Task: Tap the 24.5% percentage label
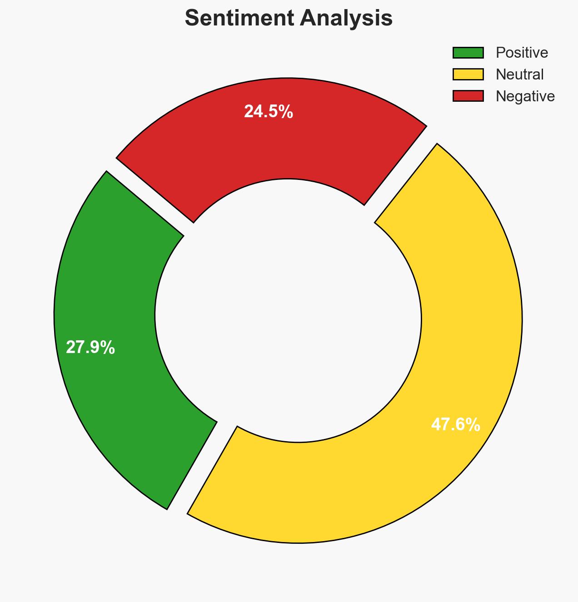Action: [x=268, y=112]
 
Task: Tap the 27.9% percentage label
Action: [x=90, y=348]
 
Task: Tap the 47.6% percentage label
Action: [x=455, y=425]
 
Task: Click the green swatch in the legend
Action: [x=468, y=53]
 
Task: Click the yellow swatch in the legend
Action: [x=468, y=74]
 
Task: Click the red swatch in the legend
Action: [x=468, y=96]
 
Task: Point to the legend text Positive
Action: [x=522, y=53]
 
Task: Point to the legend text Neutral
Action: [x=519, y=74]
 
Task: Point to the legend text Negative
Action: [x=525, y=96]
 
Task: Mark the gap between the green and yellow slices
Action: [x=202, y=468]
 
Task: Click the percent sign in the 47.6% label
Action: [x=473, y=425]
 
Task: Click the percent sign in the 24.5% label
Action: [x=286, y=112]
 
